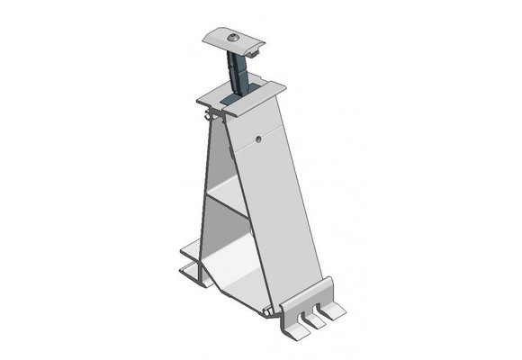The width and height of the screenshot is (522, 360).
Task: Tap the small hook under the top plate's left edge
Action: pos(210,116)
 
